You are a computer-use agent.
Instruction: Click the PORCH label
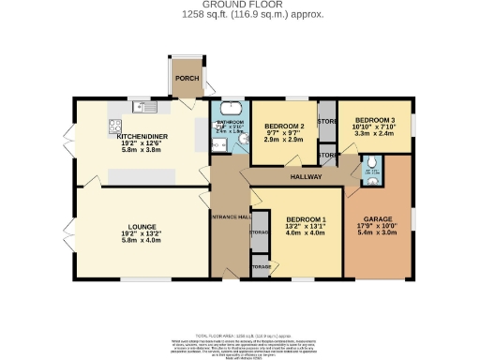[x=187, y=78]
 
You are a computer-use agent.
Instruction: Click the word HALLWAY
[x=306, y=175]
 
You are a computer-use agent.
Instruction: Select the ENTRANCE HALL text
[x=230, y=217]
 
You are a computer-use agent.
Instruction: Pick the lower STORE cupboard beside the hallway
[x=327, y=154]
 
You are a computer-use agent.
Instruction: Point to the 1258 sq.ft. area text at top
[x=240, y=16]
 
